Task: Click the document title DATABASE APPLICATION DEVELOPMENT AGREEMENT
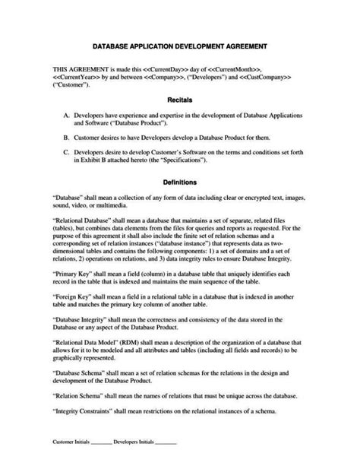click(x=179, y=46)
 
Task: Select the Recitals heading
click(x=179, y=100)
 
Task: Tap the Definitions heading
click(x=180, y=182)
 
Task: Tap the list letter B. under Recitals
click(x=68, y=138)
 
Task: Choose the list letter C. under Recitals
click(x=68, y=152)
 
